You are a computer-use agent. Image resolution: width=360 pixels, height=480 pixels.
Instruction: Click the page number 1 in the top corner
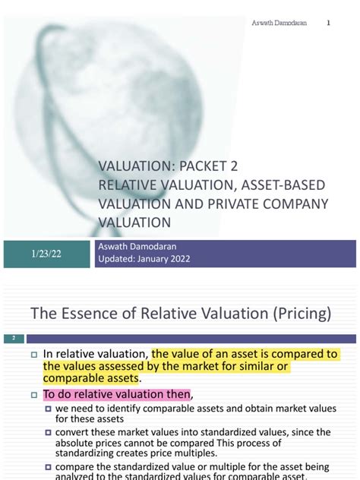329,23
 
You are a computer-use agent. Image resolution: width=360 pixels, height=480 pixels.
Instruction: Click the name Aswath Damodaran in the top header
279,23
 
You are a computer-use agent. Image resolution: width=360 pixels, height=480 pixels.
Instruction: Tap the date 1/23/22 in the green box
47,254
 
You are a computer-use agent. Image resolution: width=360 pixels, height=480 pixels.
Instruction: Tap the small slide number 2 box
14,336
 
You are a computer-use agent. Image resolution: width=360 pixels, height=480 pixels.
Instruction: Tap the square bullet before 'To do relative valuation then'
33,395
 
